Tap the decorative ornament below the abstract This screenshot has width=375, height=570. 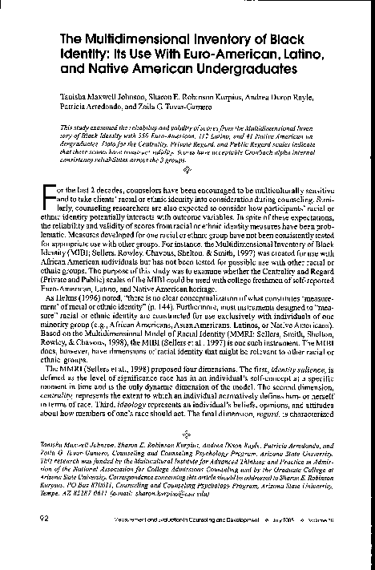187,169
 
